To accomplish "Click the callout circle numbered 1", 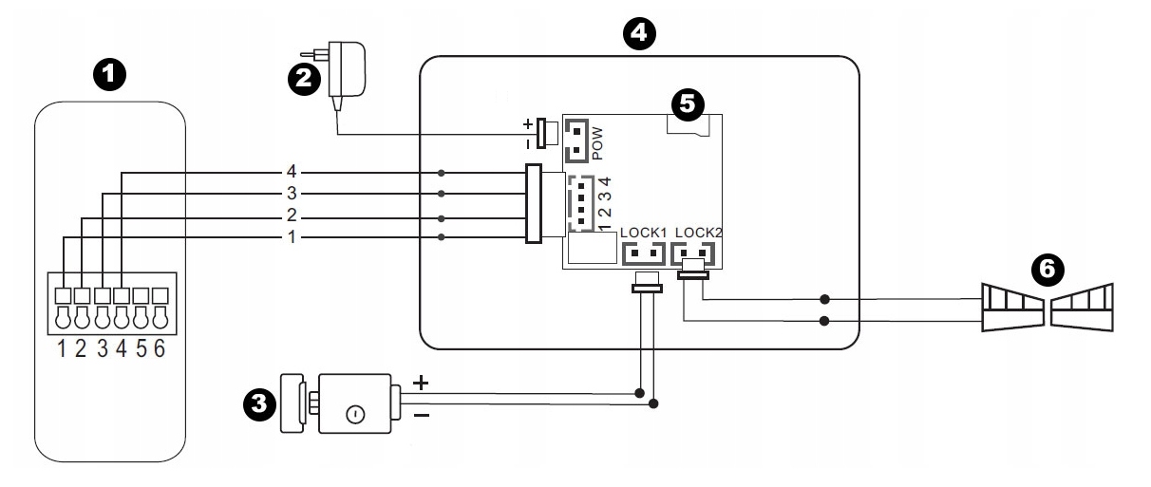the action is click(109, 75).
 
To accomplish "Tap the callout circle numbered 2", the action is click(304, 79).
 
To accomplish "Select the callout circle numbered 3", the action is click(259, 403).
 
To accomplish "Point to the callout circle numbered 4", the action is click(639, 33).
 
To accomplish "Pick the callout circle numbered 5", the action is click(688, 104).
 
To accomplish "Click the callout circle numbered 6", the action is click(1047, 270).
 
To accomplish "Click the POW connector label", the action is click(597, 143).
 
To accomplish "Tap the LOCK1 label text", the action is click(643, 233).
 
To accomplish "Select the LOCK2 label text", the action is click(698, 233).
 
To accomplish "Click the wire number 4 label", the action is click(292, 172).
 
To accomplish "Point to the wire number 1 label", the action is click(292, 237).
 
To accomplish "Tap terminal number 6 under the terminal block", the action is click(160, 348).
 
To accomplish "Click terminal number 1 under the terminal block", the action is click(62, 348).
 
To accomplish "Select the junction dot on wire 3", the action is click(441, 194).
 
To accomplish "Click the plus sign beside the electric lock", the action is click(421, 383).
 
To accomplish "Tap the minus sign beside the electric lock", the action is click(422, 415).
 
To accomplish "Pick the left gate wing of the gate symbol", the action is click(1012, 308).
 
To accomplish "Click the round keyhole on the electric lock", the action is click(355, 414).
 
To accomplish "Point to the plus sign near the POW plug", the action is click(528, 124).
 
